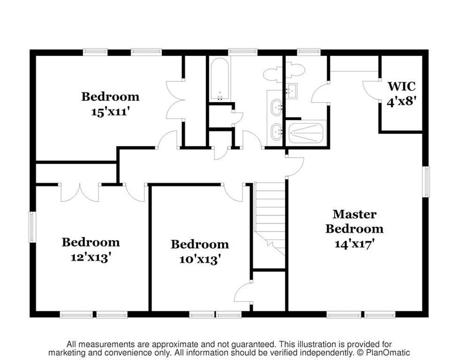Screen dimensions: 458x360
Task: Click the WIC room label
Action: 401,86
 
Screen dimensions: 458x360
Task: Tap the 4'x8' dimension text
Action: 401,102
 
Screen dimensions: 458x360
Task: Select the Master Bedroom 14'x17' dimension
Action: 354,243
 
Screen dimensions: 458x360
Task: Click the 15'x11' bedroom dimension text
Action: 110,112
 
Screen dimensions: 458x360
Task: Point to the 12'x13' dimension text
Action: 91,257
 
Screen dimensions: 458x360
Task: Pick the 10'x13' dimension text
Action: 199,259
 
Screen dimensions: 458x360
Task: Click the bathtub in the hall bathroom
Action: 219,79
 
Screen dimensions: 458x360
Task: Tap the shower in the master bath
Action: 307,133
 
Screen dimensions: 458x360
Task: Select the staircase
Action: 269,219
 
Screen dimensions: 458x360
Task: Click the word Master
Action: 354,214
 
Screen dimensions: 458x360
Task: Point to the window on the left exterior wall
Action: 32,227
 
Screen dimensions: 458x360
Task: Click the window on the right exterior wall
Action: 427,181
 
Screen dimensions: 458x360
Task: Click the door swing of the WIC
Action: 369,90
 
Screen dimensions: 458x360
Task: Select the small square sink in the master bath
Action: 291,90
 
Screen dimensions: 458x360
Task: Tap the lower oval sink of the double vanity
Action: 276,132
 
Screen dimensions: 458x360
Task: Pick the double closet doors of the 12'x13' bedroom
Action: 80,193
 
